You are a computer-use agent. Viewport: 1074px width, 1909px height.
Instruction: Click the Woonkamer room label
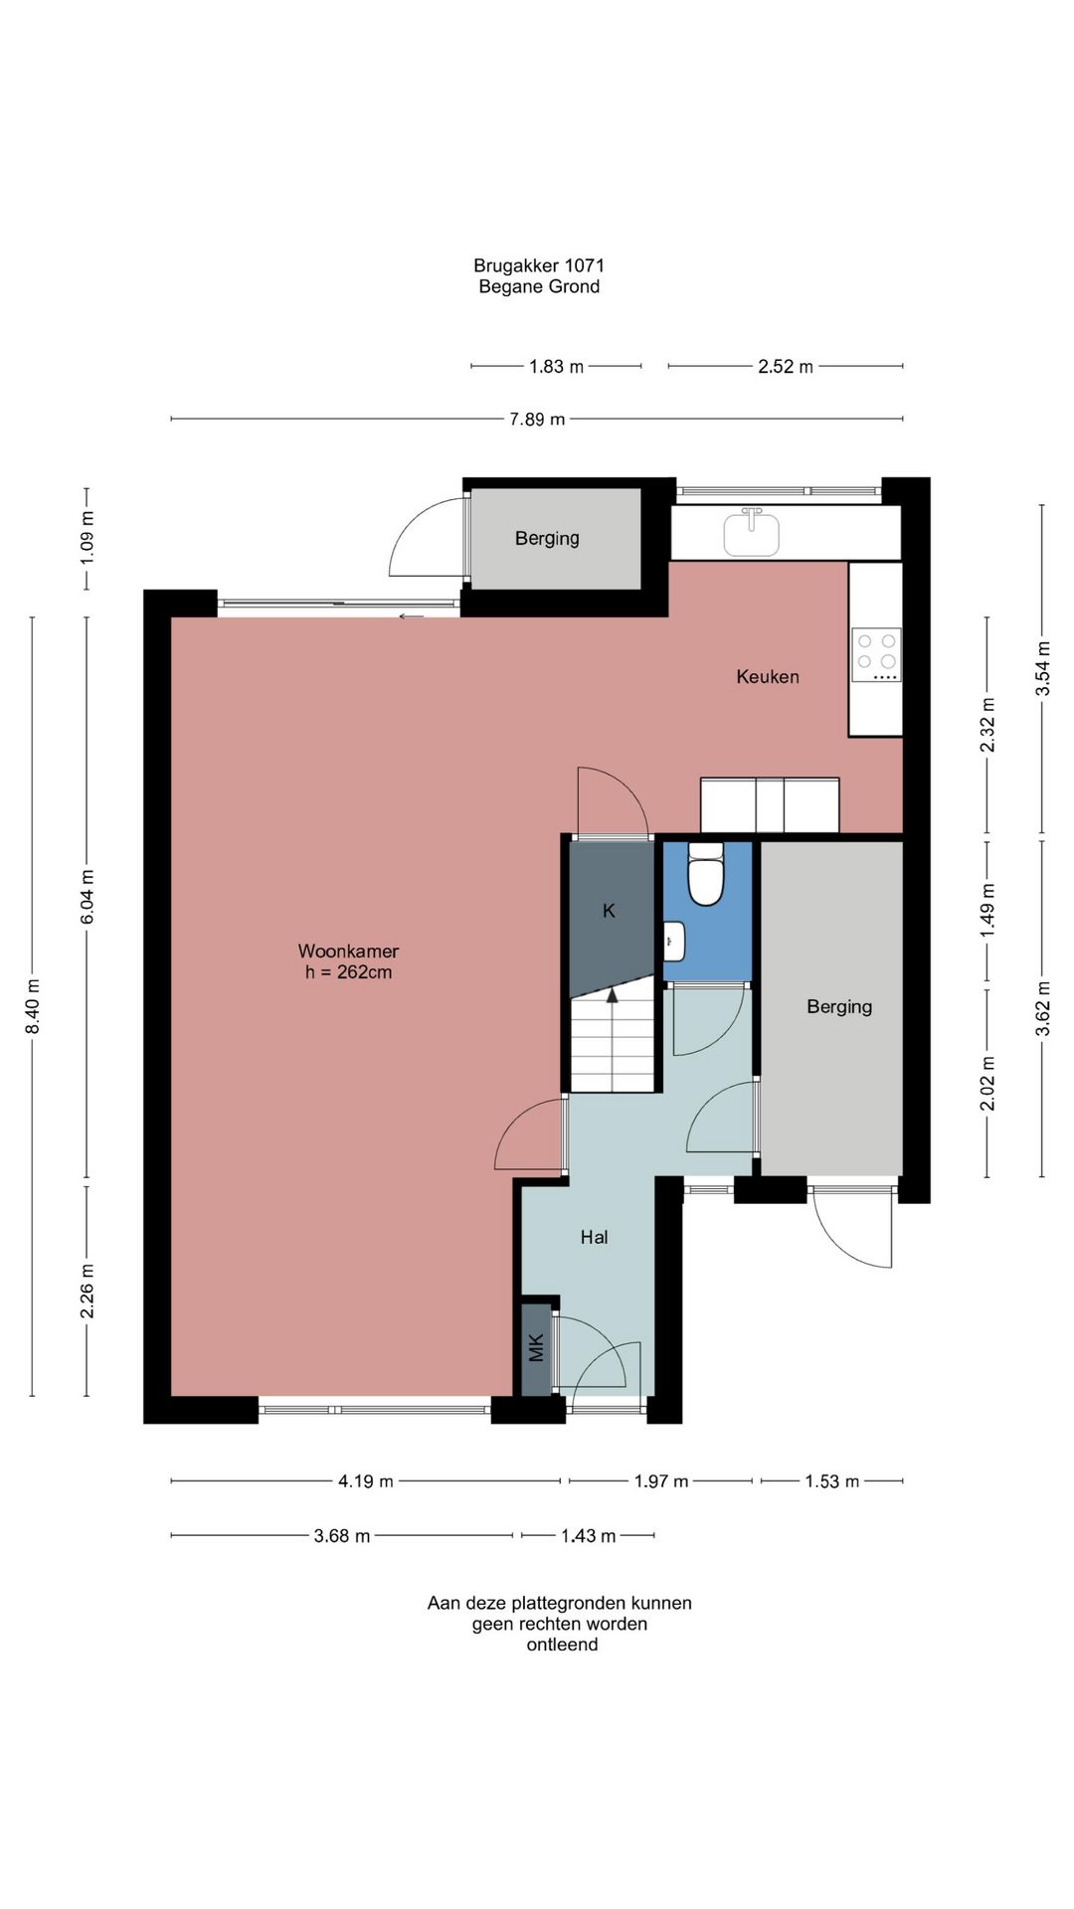pos(348,952)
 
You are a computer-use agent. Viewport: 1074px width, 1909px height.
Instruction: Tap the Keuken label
pos(768,676)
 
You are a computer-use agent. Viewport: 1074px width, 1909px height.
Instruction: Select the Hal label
pos(595,1237)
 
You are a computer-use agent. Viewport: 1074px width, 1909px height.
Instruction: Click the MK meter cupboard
pos(537,1348)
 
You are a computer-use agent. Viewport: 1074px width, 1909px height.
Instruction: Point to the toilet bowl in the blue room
pos(706,876)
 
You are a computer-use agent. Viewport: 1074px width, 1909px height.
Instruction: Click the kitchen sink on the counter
pos(751,532)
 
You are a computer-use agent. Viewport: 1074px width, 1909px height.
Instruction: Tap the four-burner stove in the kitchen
pos(877,654)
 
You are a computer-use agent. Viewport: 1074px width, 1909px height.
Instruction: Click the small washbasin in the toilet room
pos(673,941)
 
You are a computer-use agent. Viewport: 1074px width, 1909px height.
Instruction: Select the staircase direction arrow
pos(613,994)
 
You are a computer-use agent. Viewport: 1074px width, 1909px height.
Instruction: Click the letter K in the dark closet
pos(610,910)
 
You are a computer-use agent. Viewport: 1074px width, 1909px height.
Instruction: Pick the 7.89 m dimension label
pos(537,420)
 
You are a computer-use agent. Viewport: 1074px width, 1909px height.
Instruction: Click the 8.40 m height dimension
pos(33,1006)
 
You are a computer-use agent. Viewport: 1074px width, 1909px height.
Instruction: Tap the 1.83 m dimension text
pos(556,367)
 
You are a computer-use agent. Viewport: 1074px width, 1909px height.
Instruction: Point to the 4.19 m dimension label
pos(366,1481)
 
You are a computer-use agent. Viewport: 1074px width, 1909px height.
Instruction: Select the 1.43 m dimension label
pos(589,1536)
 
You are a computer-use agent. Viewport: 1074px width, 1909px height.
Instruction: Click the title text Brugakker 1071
pos(539,265)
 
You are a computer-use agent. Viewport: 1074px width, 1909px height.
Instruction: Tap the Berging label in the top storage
pos(547,538)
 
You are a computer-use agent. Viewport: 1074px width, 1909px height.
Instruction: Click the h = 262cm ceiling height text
pos(348,972)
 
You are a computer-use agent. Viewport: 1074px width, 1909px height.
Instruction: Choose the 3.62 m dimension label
pos(1043,1008)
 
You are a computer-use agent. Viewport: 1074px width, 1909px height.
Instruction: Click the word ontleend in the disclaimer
pos(562,1645)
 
